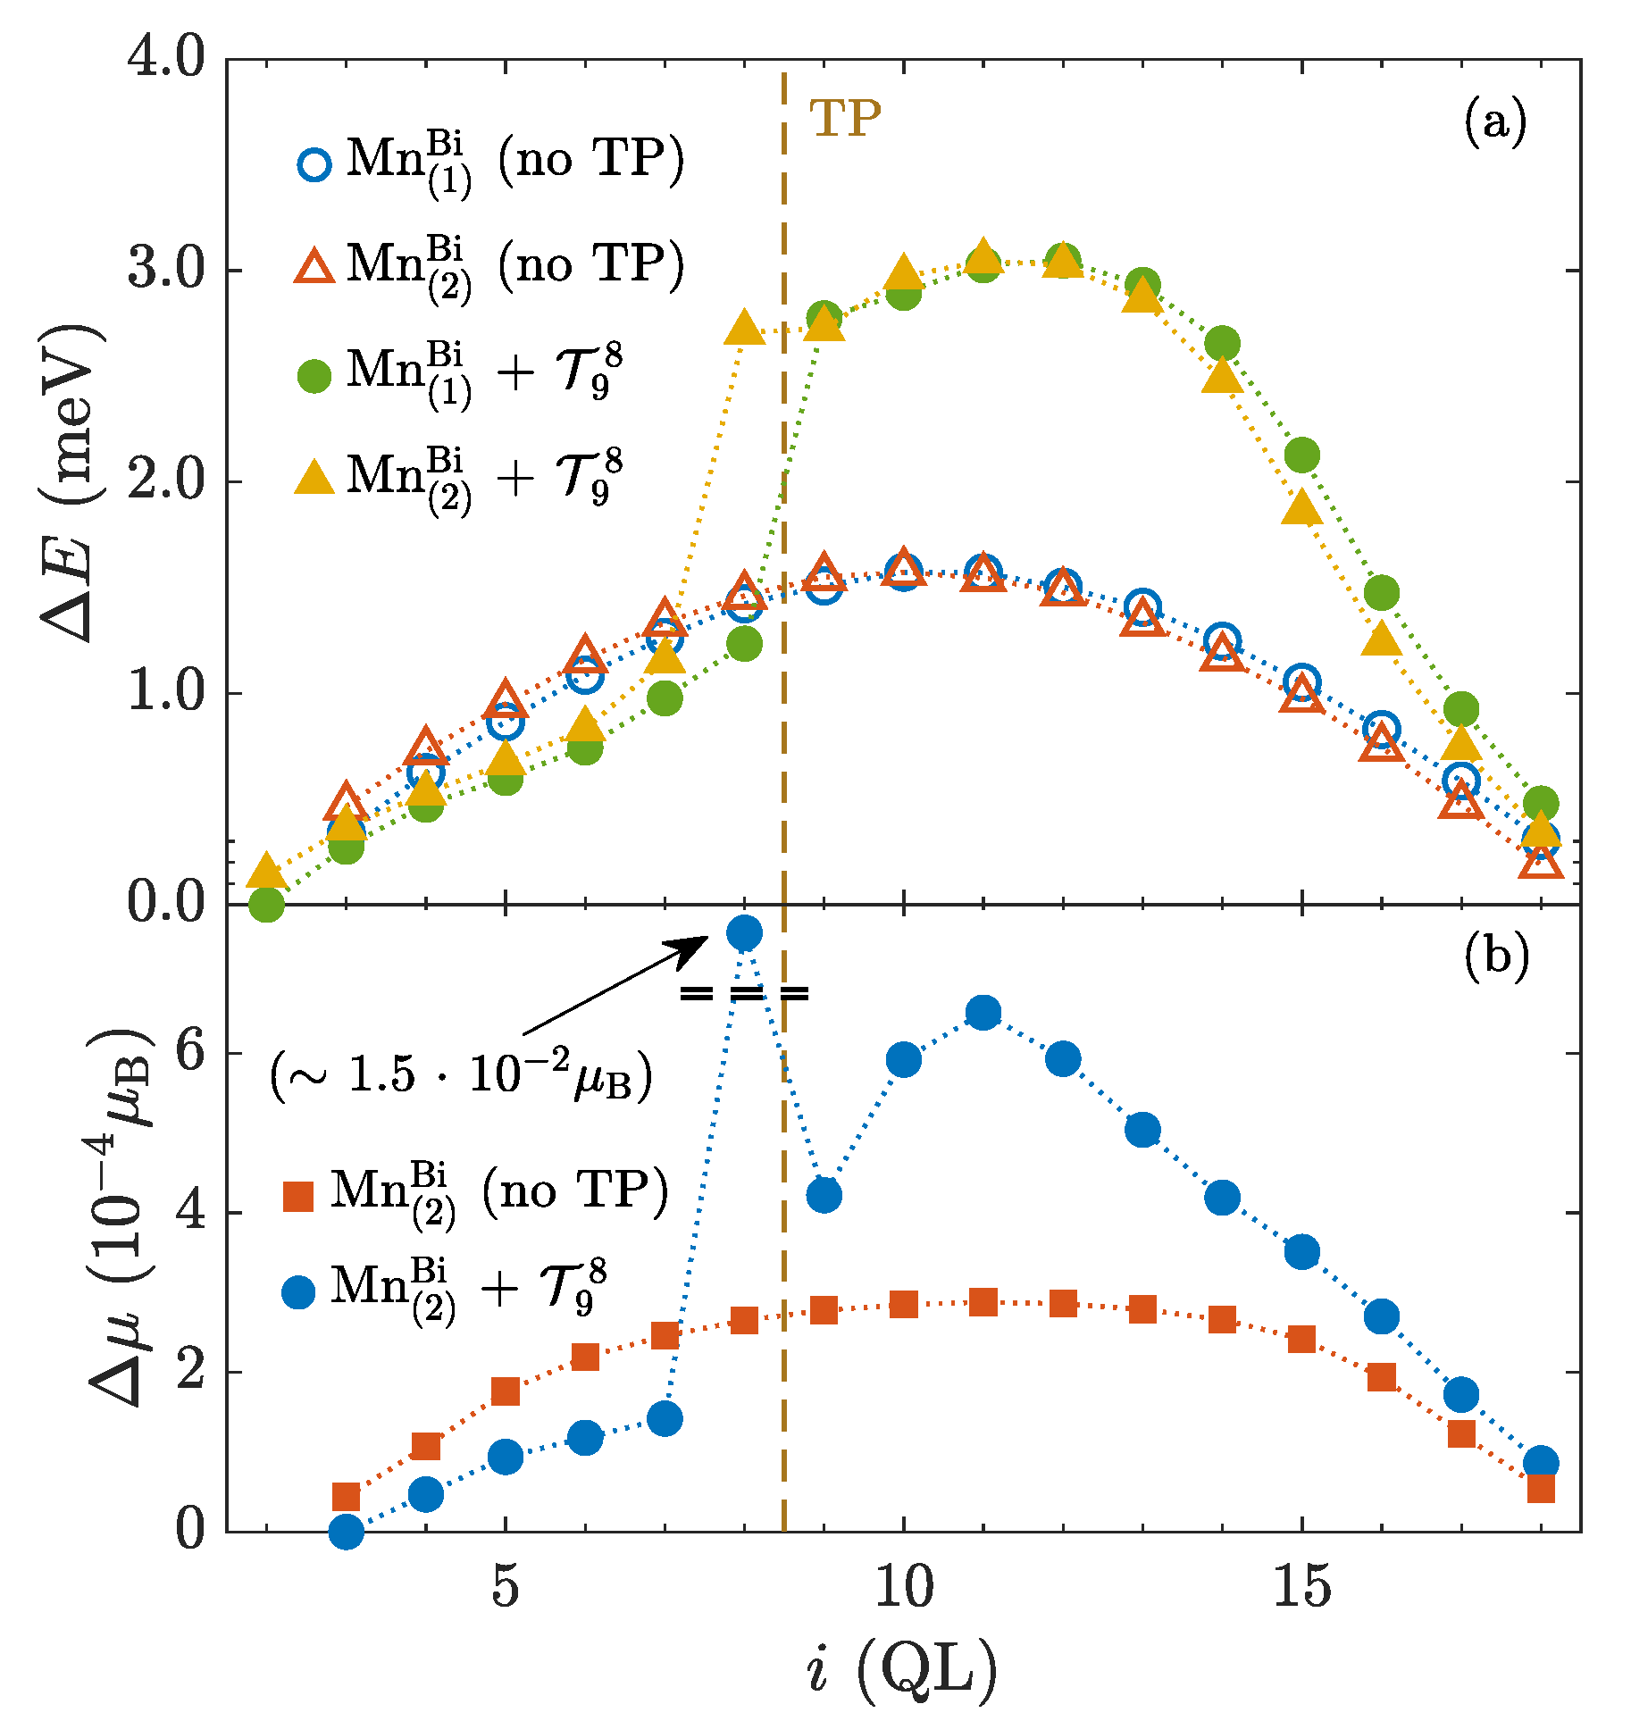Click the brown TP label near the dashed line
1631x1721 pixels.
click(x=844, y=118)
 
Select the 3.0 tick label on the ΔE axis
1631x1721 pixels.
click(x=166, y=269)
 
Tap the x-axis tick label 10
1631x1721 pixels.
click(x=903, y=1588)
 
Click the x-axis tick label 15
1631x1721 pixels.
click(x=1301, y=1588)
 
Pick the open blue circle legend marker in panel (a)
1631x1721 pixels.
click(x=314, y=164)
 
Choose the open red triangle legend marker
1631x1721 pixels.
click(x=314, y=267)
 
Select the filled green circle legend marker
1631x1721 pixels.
click(x=314, y=375)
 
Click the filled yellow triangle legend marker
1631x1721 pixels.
click(x=314, y=479)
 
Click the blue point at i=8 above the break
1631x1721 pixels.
click(x=744, y=933)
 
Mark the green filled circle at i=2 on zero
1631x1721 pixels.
click(x=266, y=904)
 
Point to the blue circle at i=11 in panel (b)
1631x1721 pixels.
click(x=983, y=1013)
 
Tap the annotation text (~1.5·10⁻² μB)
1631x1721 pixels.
click(x=461, y=1074)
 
